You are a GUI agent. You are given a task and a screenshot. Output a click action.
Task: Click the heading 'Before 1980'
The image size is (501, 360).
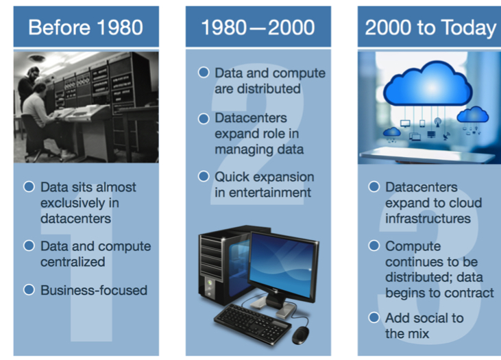pyautogui.click(x=86, y=27)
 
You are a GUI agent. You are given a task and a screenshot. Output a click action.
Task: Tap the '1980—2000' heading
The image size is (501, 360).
pyautogui.click(x=258, y=27)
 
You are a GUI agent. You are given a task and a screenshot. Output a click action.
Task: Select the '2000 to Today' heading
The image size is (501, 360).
pyautogui.click(x=430, y=28)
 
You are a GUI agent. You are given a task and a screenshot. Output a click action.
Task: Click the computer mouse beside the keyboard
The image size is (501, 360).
pyautogui.click(x=301, y=335)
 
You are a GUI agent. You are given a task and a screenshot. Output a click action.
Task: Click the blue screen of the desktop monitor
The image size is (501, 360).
pyautogui.click(x=280, y=265)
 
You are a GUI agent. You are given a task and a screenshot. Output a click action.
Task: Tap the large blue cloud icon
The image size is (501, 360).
pyautogui.click(x=428, y=84)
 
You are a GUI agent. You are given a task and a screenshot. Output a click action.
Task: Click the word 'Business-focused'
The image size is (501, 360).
pyautogui.click(x=94, y=290)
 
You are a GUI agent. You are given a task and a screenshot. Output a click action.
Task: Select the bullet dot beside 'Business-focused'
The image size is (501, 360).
pyautogui.click(x=29, y=289)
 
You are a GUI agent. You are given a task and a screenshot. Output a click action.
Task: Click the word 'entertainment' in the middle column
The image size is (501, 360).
pyautogui.click(x=269, y=193)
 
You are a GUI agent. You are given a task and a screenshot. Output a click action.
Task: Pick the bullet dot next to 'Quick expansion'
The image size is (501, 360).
pyautogui.click(x=204, y=176)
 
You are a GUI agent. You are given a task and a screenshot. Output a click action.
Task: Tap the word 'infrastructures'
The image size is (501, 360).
pyautogui.click(x=428, y=219)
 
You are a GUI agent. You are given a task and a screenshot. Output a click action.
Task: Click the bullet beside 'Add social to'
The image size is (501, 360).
pyautogui.click(x=374, y=317)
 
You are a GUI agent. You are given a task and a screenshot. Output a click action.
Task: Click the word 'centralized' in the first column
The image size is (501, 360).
pyautogui.click(x=73, y=262)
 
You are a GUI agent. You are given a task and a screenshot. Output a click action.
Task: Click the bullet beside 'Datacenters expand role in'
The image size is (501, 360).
pyautogui.click(x=204, y=119)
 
